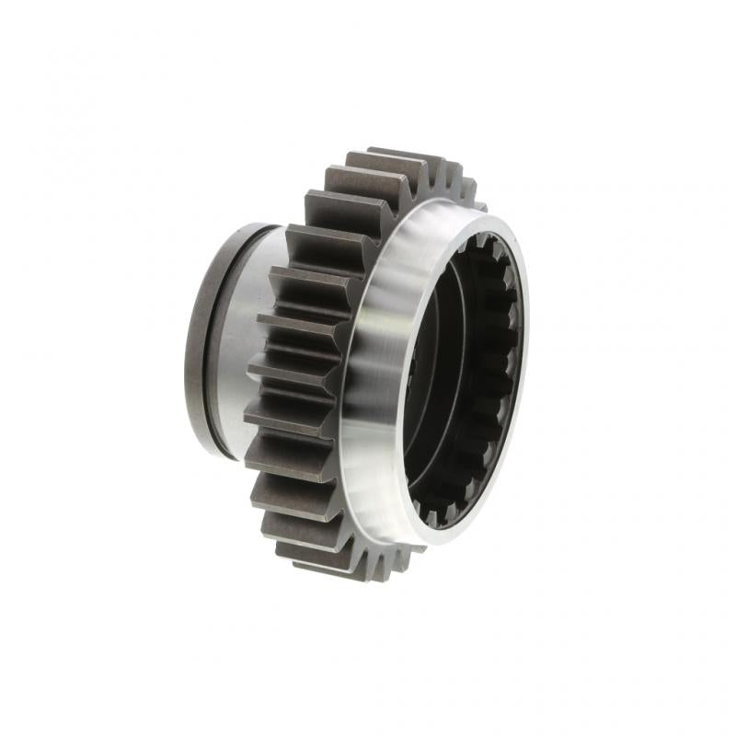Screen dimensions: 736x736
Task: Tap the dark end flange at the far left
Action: coord(197,340)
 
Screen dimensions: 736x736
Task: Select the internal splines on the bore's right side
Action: coord(497,368)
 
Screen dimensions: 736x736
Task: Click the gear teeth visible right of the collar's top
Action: coord(460,184)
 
